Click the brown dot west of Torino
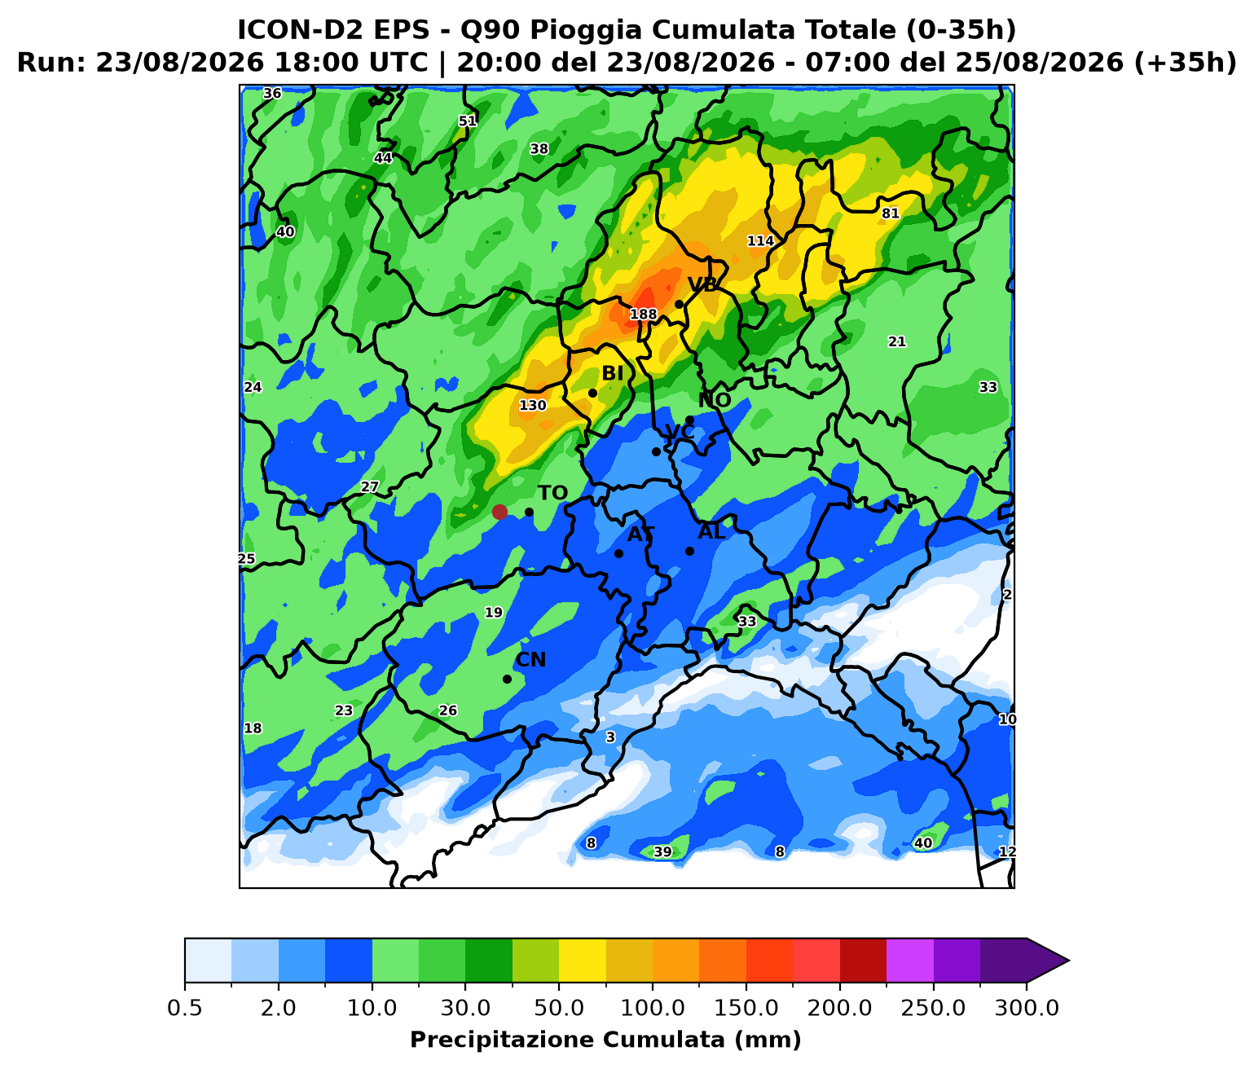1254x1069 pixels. pyautogui.click(x=499, y=512)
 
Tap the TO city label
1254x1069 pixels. pyautogui.click(x=552, y=493)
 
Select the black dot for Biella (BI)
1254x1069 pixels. pyautogui.click(x=592, y=394)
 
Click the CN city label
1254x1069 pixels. pyautogui.click(x=530, y=659)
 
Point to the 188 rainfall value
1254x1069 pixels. pyautogui.click(x=643, y=315)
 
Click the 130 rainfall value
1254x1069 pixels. pyautogui.click(x=533, y=405)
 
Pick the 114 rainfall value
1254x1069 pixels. pyautogui.click(x=760, y=241)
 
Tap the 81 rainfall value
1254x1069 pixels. pyautogui.click(x=890, y=213)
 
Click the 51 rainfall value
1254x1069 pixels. pyautogui.click(x=467, y=121)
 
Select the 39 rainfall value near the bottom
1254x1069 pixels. pyautogui.click(x=662, y=852)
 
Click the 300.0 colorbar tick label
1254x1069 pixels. pyautogui.click(x=1027, y=1008)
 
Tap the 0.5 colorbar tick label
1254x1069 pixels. pyautogui.click(x=184, y=1008)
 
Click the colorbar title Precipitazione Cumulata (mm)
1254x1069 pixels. pyautogui.click(x=605, y=1040)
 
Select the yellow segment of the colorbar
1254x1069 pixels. pyautogui.click(x=583, y=961)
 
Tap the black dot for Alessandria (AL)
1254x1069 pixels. pyautogui.click(x=689, y=552)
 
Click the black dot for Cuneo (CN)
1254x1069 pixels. pyautogui.click(x=507, y=679)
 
